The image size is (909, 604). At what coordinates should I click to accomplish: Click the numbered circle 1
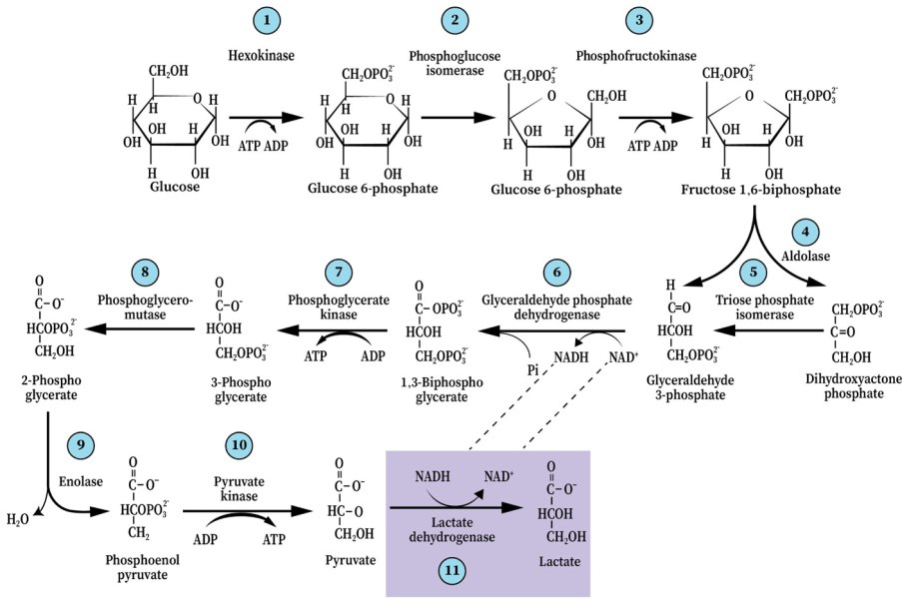point(265,20)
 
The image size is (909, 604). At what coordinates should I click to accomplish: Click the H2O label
point(18,520)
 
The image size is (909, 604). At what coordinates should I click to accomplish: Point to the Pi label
point(533,369)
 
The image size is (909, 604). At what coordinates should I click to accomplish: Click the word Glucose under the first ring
point(176,186)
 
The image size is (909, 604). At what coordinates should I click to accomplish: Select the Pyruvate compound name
point(351,562)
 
